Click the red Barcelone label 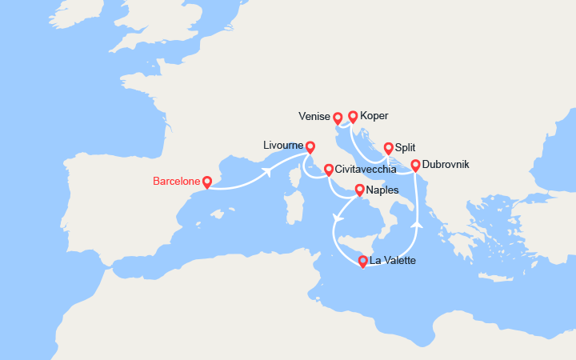point(175,182)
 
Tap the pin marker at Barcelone point(207,182)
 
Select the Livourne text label point(282,146)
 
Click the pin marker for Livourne point(310,147)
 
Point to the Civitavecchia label point(370,170)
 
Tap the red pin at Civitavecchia point(329,170)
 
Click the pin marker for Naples point(360,190)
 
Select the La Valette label point(394,261)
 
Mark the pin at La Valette point(363,262)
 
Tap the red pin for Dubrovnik point(416,166)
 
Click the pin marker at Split point(389,148)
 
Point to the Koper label point(374,116)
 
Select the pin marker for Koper point(353,117)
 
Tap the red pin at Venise point(338,118)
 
